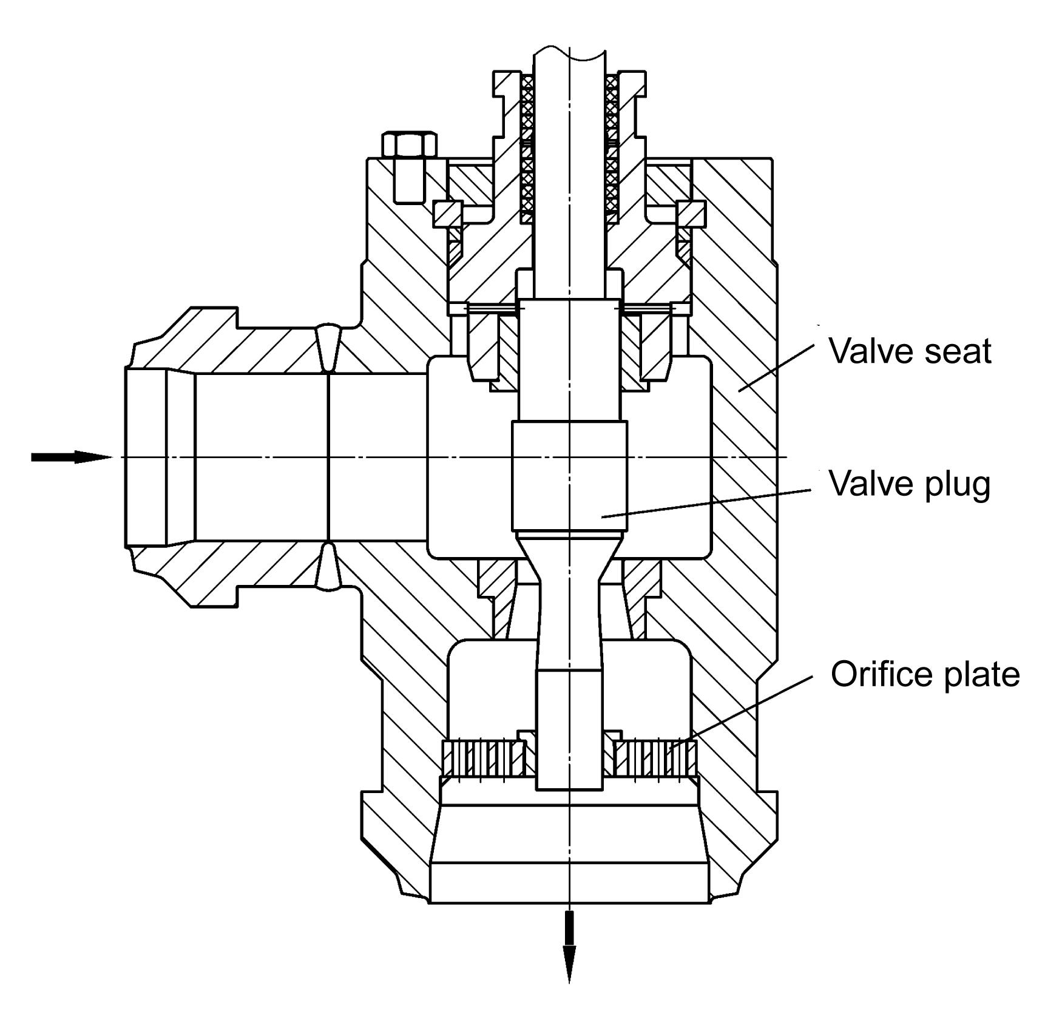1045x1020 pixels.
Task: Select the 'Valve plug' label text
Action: point(909,484)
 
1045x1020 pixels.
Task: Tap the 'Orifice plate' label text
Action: point(924,674)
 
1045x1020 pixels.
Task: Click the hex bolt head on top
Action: point(409,144)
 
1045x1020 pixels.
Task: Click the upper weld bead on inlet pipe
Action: point(328,348)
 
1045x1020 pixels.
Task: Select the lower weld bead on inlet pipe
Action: point(328,566)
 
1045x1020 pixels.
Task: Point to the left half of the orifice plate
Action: point(484,759)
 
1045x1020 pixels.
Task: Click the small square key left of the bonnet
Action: point(447,214)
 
